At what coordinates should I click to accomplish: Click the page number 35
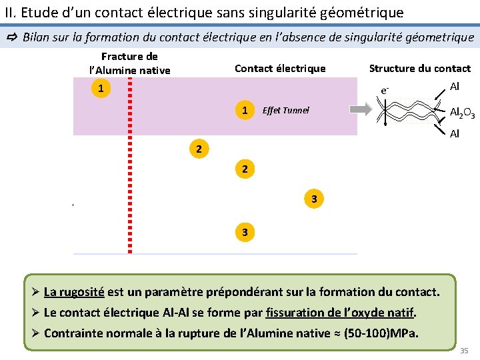pos(464,350)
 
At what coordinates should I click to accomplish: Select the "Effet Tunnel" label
pos(285,110)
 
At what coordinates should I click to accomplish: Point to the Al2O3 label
pos(462,113)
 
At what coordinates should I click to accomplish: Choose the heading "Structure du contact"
pos(419,68)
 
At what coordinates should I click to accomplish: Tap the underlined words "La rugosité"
pos(74,292)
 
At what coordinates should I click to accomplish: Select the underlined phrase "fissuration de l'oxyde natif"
pos(340,312)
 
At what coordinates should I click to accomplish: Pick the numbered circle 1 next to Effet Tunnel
pos(245,109)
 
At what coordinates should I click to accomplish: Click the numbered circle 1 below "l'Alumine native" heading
pos(100,88)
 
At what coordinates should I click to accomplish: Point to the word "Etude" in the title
pos(37,12)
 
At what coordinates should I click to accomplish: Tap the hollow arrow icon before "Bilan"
pos(12,37)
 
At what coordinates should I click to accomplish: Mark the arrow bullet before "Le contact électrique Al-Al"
pos(35,312)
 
